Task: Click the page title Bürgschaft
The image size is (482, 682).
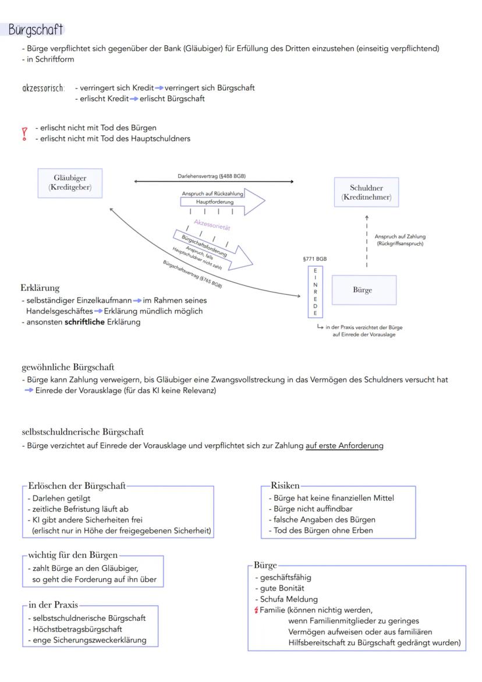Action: tap(36, 30)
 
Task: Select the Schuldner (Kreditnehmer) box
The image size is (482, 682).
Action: tap(366, 192)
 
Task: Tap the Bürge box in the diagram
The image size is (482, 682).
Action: tap(363, 290)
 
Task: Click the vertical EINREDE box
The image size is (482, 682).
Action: tap(315, 292)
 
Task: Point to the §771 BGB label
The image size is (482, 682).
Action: tap(314, 259)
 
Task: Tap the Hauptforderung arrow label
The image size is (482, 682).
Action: tap(211, 202)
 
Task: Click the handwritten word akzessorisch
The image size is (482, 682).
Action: tap(44, 89)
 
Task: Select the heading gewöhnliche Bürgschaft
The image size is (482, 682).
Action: tap(68, 367)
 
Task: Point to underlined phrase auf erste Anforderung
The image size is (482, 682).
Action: tap(344, 446)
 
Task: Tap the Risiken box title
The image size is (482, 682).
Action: tap(285, 485)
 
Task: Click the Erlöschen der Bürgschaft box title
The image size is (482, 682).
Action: tap(77, 485)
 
